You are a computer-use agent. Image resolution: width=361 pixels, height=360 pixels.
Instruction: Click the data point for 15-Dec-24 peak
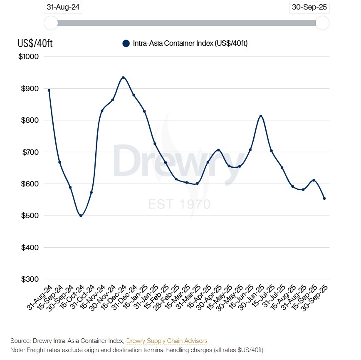123,77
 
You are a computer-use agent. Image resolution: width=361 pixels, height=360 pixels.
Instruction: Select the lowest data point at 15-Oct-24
81,216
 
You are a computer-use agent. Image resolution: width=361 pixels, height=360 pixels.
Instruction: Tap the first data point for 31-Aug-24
49,90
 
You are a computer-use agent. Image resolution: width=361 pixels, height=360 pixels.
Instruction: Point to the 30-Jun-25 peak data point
261,116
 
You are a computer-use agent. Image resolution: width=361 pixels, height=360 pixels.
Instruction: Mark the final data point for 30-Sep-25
324,199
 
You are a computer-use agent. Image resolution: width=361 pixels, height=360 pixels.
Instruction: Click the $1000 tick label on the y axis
29,57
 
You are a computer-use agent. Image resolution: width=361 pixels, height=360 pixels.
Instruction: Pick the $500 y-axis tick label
30,216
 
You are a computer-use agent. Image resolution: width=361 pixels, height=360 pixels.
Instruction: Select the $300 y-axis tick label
30,279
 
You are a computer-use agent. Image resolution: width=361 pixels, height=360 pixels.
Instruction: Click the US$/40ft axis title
35,43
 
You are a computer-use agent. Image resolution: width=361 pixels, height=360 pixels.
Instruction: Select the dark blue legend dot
126,43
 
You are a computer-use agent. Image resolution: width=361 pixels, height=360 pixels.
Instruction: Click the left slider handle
51,23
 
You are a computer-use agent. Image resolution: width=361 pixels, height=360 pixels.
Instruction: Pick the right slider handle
322,23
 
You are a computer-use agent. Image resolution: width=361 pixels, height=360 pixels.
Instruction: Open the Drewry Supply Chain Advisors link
166,341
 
